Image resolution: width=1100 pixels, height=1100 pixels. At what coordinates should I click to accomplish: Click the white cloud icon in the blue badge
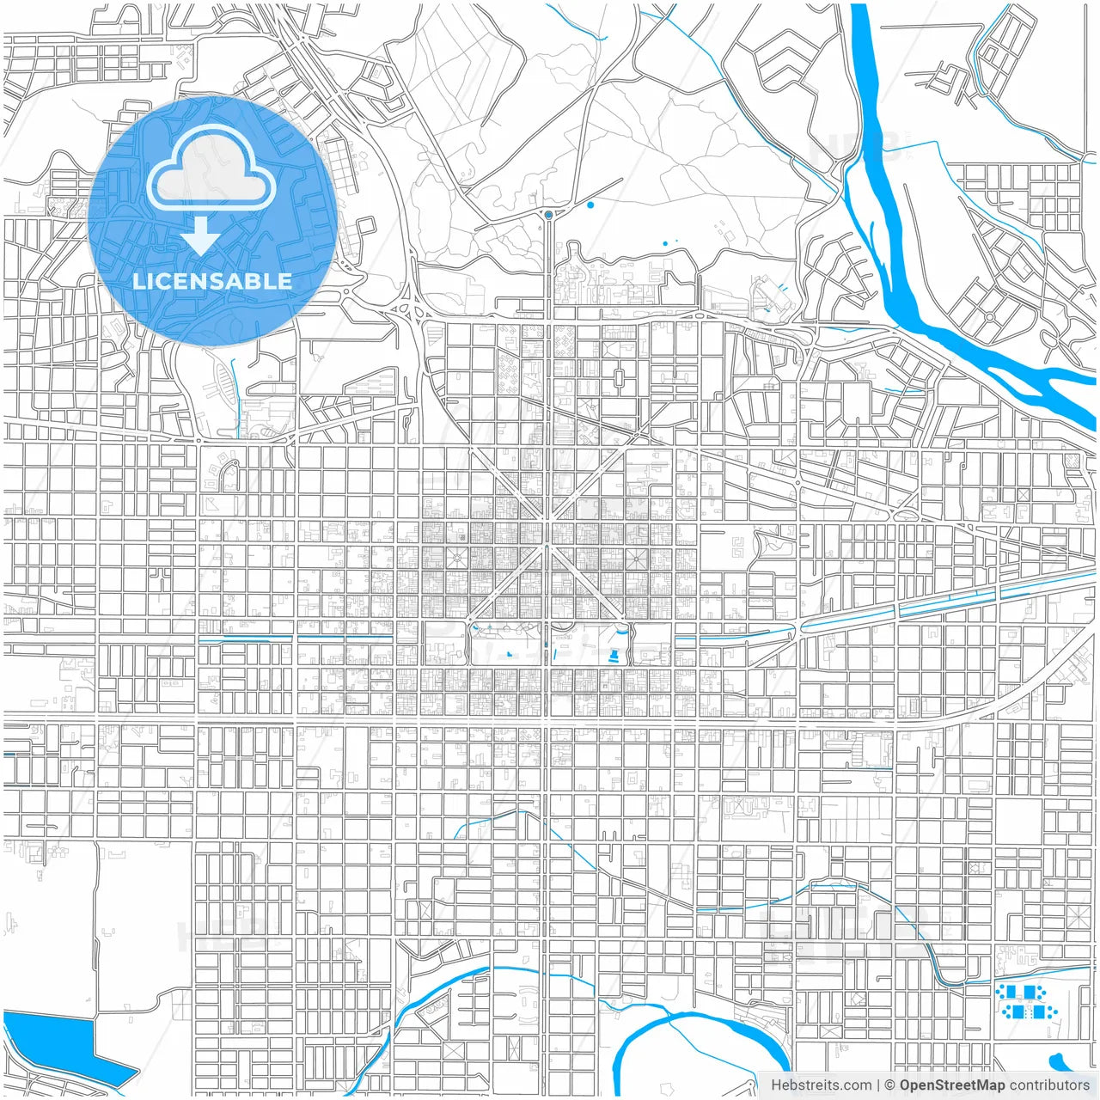[x=211, y=171]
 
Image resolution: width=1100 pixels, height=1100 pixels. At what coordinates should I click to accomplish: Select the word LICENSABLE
[x=211, y=281]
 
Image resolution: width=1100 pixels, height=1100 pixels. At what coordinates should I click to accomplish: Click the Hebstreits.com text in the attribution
[x=821, y=1085]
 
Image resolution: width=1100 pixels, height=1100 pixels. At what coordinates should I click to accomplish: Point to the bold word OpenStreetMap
[x=951, y=1085]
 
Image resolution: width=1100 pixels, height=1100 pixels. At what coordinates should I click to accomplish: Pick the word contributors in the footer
[x=1049, y=1085]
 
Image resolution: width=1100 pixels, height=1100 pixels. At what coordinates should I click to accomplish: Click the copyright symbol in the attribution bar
[x=889, y=1085]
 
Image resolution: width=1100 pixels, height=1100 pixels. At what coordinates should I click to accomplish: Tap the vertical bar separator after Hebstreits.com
[x=877, y=1085]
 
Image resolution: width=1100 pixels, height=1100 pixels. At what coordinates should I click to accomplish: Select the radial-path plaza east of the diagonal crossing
[x=637, y=559]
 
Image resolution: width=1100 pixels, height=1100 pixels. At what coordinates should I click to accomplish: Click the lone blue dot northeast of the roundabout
[x=590, y=205]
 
